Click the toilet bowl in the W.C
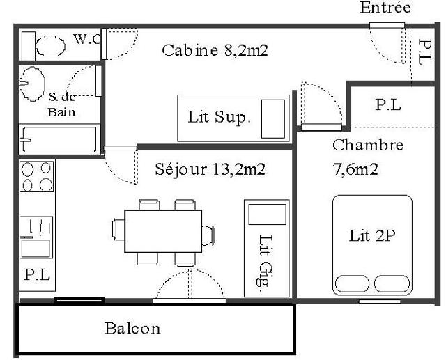point(50,45)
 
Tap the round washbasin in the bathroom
point(32,84)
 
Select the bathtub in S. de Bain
point(59,139)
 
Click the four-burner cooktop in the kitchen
point(37,176)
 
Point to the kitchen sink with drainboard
point(36,237)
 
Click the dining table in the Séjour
point(163,231)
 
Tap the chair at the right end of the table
point(208,235)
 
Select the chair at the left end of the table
point(118,230)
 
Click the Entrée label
point(385,8)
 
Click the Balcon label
point(132,329)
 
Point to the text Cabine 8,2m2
point(215,50)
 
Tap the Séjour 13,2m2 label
point(210,169)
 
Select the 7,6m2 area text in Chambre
point(355,170)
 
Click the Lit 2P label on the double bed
point(372,236)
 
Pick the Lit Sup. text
point(220,117)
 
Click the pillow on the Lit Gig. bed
point(268,214)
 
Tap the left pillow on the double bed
point(352,283)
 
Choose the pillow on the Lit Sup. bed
point(273,119)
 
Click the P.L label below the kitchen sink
point(37,275)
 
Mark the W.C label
point(87,39)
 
